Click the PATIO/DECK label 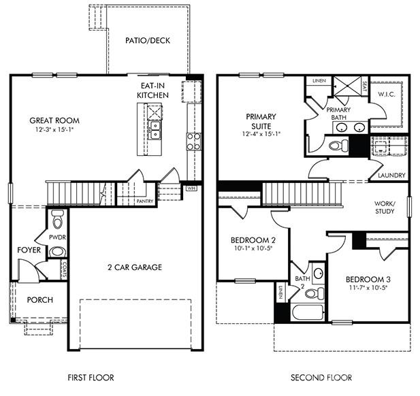[x=148, y=40]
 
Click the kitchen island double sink [x=155, y=129]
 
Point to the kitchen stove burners [x=194, y=141]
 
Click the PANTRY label [x=145, y=201]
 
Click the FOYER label [x=29, y=250]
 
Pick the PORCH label [x=39, y=300]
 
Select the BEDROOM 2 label [x=253, y=240]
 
